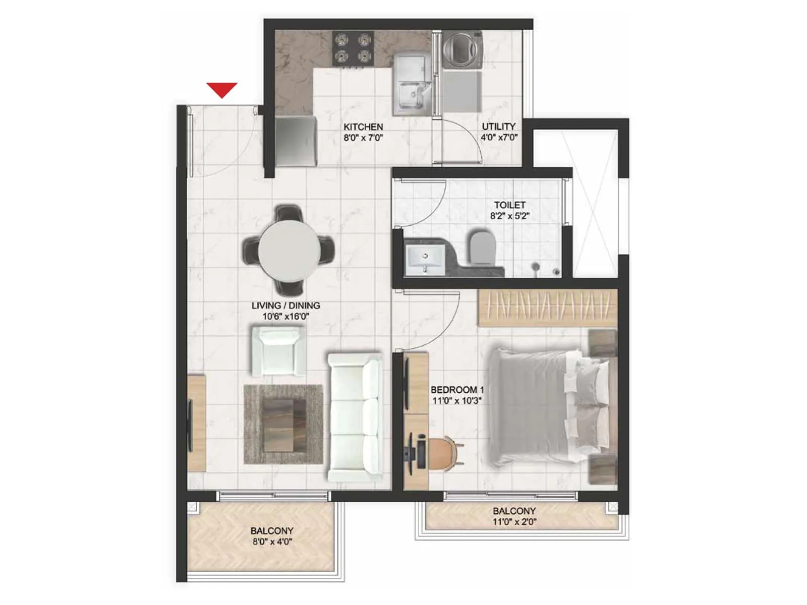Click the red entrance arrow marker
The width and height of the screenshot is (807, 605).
click(222, 90)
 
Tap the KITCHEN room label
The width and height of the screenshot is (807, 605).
click(363, 127)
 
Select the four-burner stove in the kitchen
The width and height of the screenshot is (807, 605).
click(353, 48)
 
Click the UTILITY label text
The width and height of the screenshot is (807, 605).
click(498, 127)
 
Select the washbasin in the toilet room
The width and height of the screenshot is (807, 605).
click(425, 260)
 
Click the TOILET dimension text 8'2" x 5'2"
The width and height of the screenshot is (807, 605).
click(509, 216)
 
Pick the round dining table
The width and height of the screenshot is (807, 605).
click(289, 251)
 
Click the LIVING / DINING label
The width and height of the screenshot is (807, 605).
click(285, 306)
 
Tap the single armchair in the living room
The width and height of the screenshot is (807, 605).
click(277, 350)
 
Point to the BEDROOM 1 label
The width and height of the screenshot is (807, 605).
click(457, 390)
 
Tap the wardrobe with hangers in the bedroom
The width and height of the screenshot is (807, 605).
click(547, 308)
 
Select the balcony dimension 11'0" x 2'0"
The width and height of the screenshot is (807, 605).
click(514, 522)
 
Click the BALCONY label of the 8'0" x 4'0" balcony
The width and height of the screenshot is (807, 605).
click(272, 531)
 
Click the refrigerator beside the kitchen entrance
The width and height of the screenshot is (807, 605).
click(296, 141)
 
